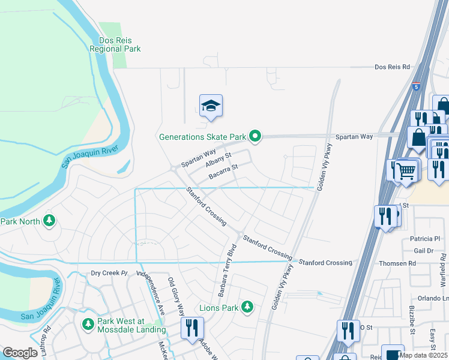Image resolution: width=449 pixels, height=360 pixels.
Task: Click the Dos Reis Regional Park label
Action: [115, 44]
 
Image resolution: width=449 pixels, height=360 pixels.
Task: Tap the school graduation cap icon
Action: [211, 106]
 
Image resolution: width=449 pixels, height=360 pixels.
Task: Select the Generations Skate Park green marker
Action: [255, 137]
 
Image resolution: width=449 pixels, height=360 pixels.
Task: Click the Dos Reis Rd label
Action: [392, 67]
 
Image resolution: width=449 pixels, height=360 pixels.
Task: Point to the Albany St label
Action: [218, 161]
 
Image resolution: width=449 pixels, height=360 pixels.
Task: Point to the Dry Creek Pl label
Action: [109, 273]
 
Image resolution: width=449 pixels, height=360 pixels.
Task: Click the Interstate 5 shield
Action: [416, 86]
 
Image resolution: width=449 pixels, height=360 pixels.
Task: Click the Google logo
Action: [20, 353]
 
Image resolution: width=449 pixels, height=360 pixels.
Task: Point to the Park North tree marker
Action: [49, 221]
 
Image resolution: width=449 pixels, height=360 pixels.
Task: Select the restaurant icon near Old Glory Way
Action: [193, 328]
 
